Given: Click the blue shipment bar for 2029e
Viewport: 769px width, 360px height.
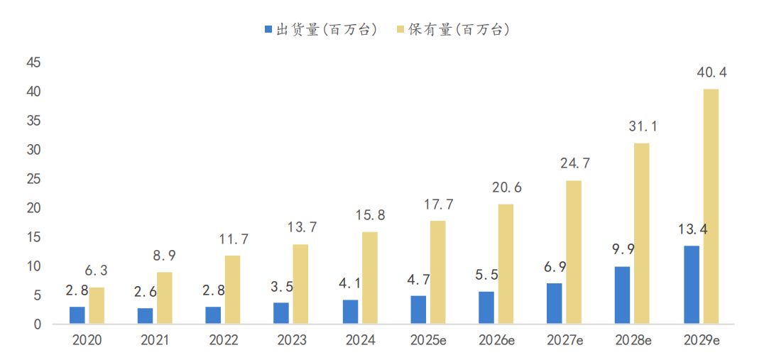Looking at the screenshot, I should (x=691, y=285).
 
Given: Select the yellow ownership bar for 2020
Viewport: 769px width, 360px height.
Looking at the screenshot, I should (x=97, y=306).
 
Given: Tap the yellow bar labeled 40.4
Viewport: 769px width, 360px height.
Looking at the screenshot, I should (x=711, y=207).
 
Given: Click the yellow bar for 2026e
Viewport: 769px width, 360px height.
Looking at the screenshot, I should (x=506, y=264).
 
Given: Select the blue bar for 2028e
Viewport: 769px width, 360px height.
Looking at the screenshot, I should (x=622, y=295).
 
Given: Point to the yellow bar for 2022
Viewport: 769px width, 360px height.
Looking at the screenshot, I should (x=233, y=290).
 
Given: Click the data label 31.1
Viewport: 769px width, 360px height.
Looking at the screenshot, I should (x=643, y=127).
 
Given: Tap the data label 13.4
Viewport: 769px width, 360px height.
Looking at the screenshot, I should (x=692, y=229).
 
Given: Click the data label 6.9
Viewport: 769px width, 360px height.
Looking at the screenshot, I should (x=555, y=268).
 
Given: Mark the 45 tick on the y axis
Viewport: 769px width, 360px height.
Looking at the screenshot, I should (x=33, y=63).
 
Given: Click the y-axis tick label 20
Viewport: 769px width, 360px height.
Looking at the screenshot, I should (x=33, y=208).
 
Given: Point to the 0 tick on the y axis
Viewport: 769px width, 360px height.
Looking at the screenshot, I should (x=37, y=324).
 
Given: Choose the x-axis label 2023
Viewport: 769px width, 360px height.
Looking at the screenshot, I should (x=292, y=341).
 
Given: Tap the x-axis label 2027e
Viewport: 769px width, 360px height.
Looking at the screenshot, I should (x=565, y=341).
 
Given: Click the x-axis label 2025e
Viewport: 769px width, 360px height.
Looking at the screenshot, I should (x=428, y=341).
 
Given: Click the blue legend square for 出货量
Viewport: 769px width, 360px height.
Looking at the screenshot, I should (x=268, y=30).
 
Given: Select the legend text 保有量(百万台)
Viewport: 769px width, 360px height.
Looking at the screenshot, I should (x=459, y=30).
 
